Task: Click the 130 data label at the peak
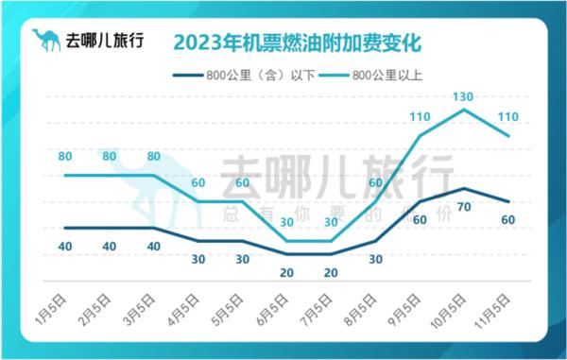(x=465, y=97)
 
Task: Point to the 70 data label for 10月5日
(x=463, y=206)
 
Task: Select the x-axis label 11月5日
(x=495, y=308)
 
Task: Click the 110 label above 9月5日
(x=420, y=117)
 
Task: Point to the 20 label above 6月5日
(x=287, y=272)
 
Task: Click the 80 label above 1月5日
(x=65, y=156)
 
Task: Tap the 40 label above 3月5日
(x=154, y=246)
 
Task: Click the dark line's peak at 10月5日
(x=465, y=188)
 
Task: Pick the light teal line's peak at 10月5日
(x=465, y=110)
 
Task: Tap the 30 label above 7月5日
(x=331, y=222)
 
